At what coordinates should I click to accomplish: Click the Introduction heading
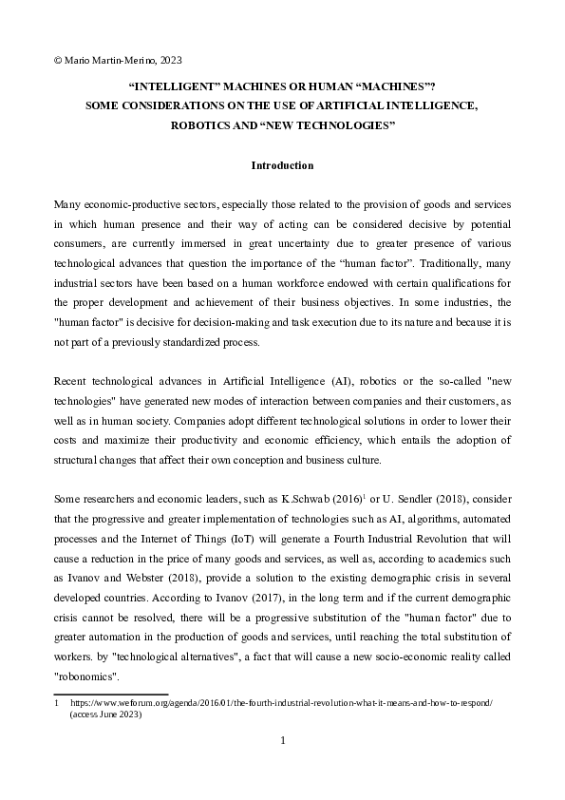coord(282,166)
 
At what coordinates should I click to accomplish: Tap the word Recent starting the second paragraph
coord(71,370)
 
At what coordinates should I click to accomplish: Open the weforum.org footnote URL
coord(286,701)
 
